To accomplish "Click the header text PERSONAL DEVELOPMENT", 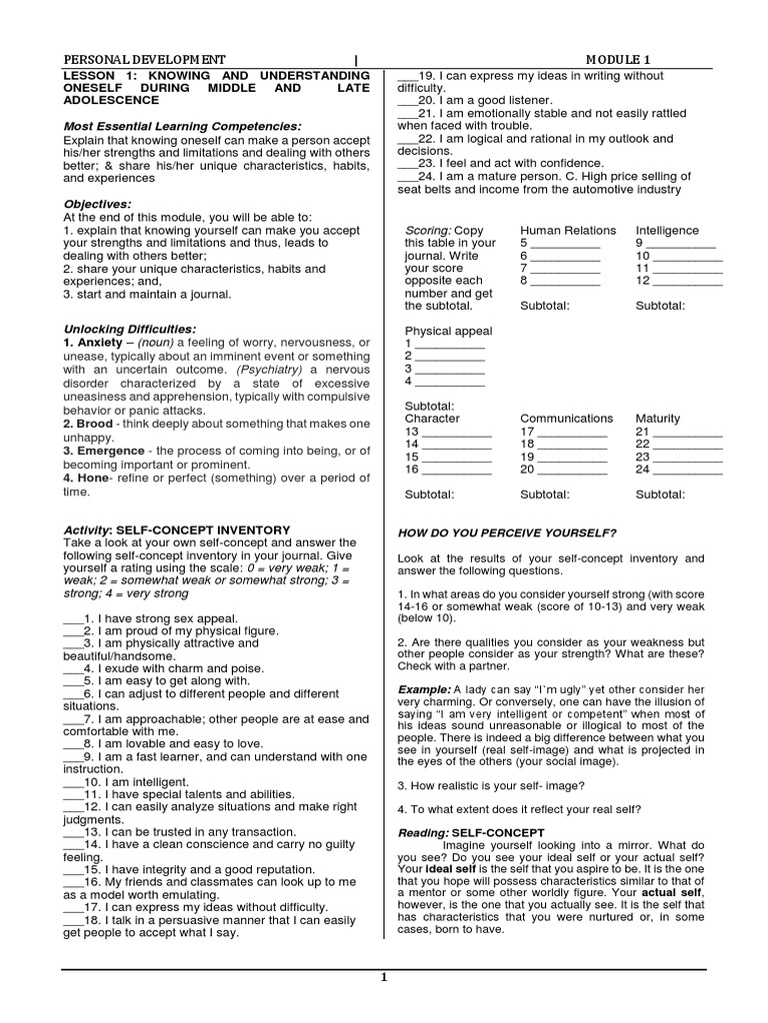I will pos(144,59).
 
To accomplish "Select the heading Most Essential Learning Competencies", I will pos(182,127).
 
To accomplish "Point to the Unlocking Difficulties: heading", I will pos(130,329).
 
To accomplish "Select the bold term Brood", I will pos(95,424).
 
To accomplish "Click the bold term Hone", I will pos(93,479).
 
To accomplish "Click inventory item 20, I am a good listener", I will pos(475,100).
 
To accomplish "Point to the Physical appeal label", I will pos(448,331).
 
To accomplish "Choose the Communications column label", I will pos(566,419).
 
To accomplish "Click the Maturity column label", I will pos(658,419).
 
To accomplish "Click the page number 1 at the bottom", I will pos(384,978).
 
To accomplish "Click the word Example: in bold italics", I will pos(424,689).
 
